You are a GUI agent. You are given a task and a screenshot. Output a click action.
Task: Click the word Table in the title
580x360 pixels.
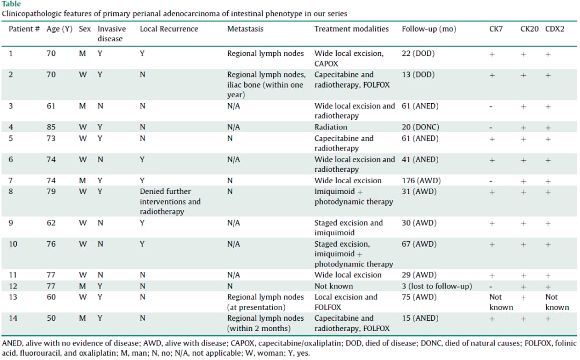point(11,4)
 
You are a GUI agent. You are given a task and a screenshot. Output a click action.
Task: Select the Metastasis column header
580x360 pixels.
point(245,29)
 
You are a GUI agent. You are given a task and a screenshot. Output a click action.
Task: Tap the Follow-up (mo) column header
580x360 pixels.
point(429,29)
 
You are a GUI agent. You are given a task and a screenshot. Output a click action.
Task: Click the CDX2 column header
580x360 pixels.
point(554,29)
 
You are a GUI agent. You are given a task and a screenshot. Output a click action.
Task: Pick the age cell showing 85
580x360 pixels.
point(51,127)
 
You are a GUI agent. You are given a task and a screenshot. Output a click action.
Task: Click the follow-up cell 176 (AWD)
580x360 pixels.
point(422,181)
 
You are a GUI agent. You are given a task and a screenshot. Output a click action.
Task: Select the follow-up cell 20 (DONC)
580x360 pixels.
point(420,127)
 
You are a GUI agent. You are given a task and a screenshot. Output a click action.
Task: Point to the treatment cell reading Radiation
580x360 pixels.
point(331,127)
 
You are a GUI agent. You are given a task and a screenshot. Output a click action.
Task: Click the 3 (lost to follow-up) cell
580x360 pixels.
point(437,286)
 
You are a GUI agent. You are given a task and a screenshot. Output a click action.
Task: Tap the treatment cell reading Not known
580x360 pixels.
point(334,286)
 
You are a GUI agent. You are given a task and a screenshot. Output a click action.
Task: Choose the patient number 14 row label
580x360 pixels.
point(13,318)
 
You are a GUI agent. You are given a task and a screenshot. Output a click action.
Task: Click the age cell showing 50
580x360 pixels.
point(51,318)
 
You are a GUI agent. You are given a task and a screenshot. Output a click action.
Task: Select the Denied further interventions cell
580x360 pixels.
point(170,201)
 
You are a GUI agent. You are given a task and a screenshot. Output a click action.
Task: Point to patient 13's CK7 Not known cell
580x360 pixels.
point(501,302)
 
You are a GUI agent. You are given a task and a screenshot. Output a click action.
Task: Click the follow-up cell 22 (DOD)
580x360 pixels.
point(418,53)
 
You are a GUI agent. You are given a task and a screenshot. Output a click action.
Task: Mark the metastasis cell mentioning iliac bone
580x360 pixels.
point(266,84)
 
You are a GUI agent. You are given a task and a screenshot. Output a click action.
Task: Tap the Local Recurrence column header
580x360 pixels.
point(169,29)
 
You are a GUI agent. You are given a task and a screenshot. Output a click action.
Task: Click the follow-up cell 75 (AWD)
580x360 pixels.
point(419,297)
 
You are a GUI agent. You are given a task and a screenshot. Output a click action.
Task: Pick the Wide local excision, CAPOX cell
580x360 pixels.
point(349,59)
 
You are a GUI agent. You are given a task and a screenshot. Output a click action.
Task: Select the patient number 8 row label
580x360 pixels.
point(11,191)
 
